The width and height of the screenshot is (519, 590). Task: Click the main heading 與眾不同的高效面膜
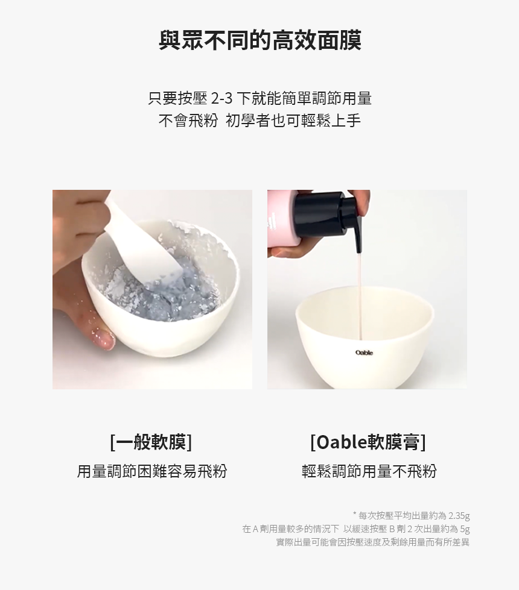259,40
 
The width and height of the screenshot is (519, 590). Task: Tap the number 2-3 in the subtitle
221,99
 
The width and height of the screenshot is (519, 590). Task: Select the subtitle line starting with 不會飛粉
259,121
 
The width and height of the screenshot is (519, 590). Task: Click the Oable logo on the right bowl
364,353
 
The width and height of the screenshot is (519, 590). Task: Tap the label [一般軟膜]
151,442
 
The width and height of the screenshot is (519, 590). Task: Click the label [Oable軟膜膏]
368,442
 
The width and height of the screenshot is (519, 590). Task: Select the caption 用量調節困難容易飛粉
152,471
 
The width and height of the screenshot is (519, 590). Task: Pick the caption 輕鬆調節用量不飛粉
369,471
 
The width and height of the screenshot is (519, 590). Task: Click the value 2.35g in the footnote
459,515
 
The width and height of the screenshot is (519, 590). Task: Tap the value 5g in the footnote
465,529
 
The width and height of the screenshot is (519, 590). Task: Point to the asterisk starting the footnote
355,513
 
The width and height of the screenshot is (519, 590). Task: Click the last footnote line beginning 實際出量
373,542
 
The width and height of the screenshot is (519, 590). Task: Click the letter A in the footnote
255,529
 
